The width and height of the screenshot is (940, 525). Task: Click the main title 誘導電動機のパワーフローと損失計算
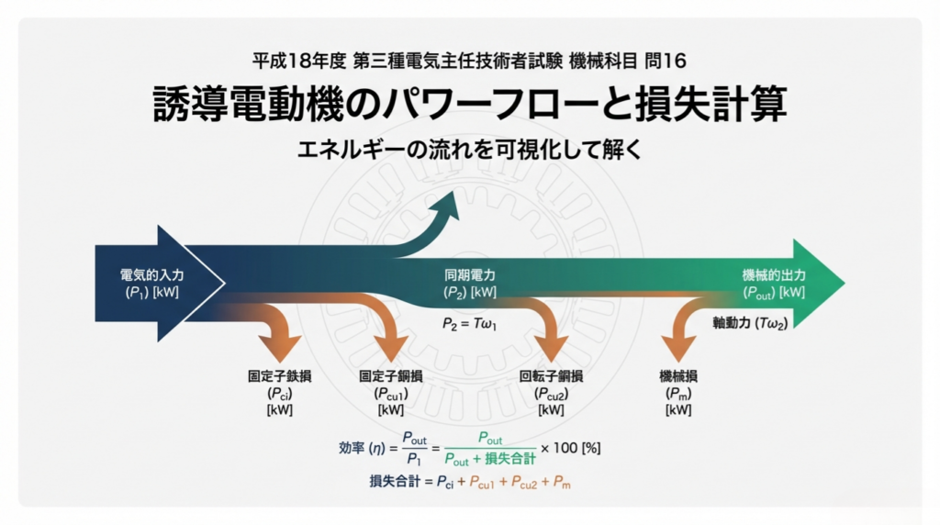[470, 104]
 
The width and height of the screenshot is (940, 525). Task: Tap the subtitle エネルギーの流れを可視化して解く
[469, 150]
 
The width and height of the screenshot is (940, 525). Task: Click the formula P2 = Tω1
[469, 324]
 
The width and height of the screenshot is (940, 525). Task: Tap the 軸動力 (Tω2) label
[750, 323]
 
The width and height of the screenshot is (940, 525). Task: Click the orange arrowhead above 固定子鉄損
[280, 348]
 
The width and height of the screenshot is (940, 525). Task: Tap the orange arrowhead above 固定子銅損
[391, 348]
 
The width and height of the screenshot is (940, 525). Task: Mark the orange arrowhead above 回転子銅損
[551, 348]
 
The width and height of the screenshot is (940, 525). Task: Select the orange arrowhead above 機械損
[678, 348]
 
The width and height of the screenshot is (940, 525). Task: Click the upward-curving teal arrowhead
[446, 207]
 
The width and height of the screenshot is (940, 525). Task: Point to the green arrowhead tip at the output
[845, 283]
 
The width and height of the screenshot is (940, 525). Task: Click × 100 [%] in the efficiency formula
[570, 448]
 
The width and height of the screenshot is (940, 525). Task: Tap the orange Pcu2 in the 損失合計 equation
[524, 483]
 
